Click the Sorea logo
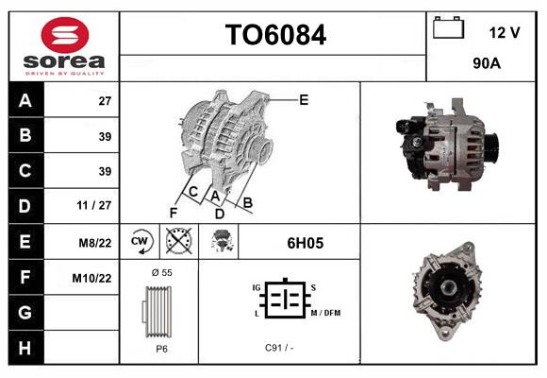pos(63,45)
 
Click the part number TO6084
pos(274,35)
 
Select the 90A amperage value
pos(486,64)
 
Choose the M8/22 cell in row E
pos(96,243)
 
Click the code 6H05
pos(305,243)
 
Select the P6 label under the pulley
pos(161,348)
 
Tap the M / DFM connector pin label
pos(323,313)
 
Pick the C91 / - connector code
pos(279,348)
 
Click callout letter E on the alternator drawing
pos(304,99)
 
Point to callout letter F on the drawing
pos(173,213)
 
